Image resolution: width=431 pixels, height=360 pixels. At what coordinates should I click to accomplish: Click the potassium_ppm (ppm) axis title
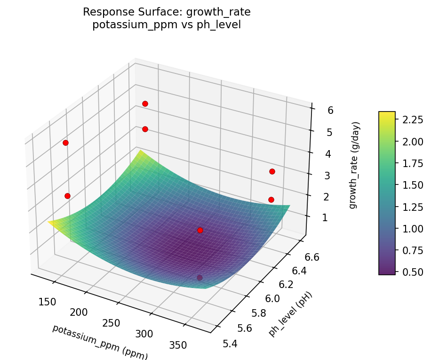(100, 342)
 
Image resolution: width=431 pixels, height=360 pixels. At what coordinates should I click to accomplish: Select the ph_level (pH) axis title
(290, 314)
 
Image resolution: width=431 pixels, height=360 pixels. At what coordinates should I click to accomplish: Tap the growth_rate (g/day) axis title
(356, 165)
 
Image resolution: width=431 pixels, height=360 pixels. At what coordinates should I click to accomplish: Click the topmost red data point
(145, 104)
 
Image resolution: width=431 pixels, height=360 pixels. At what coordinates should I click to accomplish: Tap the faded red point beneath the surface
(200, 278)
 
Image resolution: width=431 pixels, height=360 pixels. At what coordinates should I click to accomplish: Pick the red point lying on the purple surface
(200, 230)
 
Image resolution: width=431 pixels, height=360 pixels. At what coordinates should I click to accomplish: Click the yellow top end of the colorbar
(387, 114)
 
